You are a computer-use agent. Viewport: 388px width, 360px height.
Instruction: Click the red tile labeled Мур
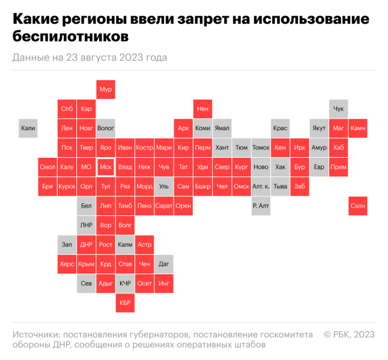[106, 89]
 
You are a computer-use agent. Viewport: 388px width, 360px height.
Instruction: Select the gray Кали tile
[28, 128]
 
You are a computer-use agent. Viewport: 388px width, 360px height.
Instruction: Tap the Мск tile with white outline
[106, 167]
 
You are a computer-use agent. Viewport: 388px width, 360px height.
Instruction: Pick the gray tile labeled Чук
[339, 109]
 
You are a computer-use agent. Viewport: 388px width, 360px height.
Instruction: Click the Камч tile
[358, 128]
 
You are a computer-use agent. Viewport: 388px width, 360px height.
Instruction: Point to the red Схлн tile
[358, 206]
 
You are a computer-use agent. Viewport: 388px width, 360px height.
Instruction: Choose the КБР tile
[125, 303]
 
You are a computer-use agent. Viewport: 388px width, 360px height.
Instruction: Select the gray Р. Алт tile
[261, 206]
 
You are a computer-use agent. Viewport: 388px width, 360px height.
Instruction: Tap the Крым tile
[86, 264]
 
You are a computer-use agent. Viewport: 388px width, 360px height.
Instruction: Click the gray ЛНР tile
[86, 225]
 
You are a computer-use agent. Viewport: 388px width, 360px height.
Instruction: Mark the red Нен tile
[203, 109]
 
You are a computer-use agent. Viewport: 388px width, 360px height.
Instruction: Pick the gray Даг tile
[164, 264]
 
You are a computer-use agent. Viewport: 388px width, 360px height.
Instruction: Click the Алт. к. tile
[261, 187]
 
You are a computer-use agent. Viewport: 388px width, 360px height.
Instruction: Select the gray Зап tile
[67, 245]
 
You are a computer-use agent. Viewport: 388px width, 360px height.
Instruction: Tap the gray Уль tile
[164, 187]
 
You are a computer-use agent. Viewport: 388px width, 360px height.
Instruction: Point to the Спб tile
[67, 109]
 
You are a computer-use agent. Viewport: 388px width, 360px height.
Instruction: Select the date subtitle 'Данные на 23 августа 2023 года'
[89, 58]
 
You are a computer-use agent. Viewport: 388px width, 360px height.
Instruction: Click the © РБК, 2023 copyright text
[350, 334]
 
